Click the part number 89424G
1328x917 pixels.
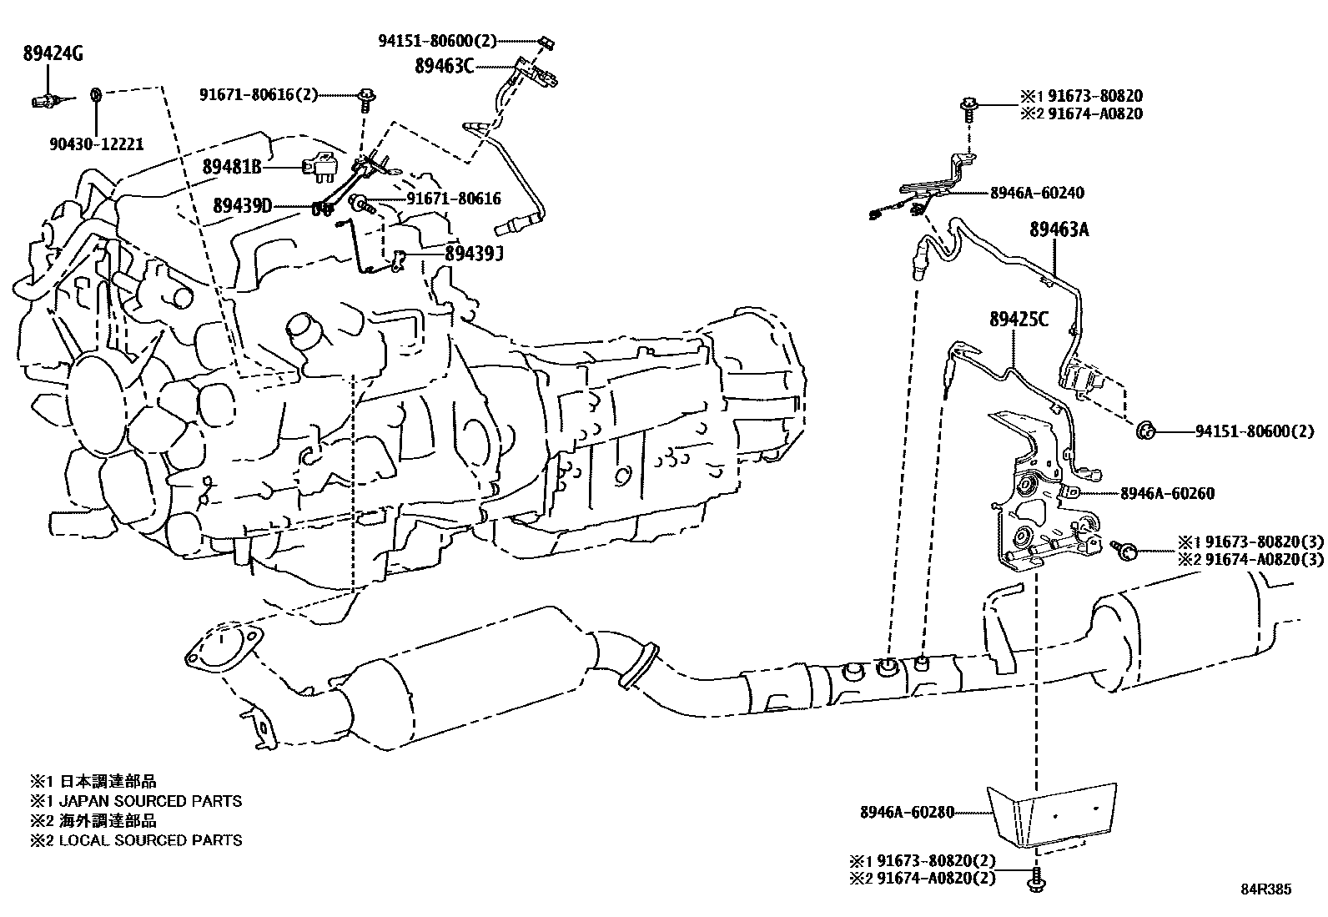tap(52, 56)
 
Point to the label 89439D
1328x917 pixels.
tap(242, 205)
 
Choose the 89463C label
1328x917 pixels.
tap(444, 66)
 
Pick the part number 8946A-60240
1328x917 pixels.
tap(1037, 193)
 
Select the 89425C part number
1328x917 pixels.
tap(1019, 319)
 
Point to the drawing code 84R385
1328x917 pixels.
tap(1264, 889)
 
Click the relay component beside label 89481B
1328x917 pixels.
tap(322, 167)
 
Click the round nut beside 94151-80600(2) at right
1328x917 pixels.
tap(1145, 431)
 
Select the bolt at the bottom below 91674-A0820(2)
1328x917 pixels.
tap(1037, 878)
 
